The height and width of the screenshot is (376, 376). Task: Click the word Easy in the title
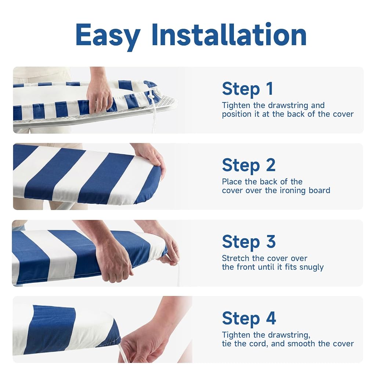click(108, 36)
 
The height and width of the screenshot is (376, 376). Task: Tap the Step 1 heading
click(247, 89)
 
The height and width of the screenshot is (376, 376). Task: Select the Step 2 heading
click(249, 166)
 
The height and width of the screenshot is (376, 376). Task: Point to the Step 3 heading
click(249, 242)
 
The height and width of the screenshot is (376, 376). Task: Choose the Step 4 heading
click(249, 319)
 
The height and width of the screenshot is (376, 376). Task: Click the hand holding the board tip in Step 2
click(150, 159)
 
